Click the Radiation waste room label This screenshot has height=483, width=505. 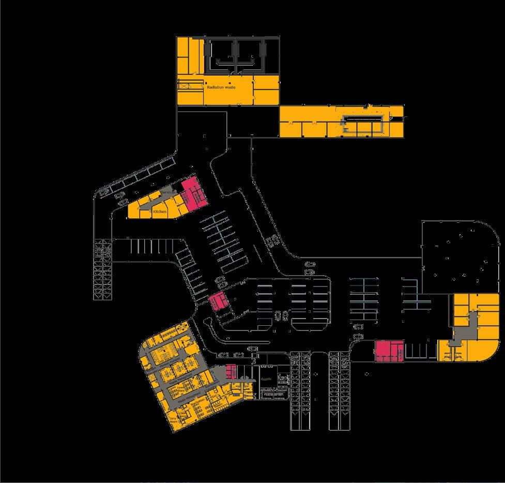221,87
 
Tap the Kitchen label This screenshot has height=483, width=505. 159,212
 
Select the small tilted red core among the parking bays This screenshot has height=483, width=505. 218,300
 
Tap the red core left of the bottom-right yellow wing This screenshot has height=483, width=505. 389,351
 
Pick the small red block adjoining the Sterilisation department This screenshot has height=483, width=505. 231,370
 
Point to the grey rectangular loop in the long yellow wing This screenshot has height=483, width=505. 364,125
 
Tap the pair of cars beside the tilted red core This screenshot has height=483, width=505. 220,282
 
